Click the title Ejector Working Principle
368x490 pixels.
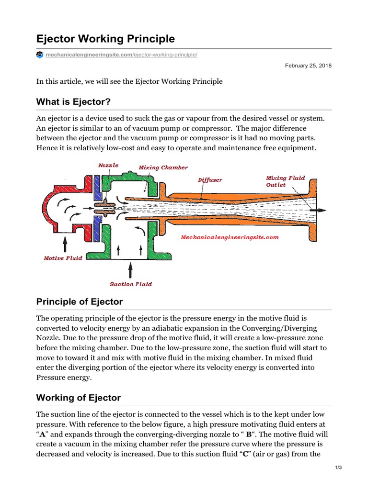[x=106, y=38]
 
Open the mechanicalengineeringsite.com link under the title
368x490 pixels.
[x=121, y=55]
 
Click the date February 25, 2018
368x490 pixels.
[x=308, y=66]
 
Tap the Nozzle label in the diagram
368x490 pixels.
[x=108, y=165]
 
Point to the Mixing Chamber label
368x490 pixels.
[x=163, y=167]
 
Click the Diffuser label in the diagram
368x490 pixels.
[x=210, y=180]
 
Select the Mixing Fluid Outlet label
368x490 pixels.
[x=285, y=181]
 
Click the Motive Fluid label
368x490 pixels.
[x=63, y=258]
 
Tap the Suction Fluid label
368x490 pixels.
[x=131, y=284]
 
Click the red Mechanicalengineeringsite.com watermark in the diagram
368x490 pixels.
[x=230, y=237]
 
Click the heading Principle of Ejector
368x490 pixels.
[x=80, y=302]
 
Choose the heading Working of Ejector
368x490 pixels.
[x=79, y=398]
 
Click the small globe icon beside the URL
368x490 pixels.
[x=40, y=55]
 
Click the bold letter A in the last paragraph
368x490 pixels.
[x=42, y=434]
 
